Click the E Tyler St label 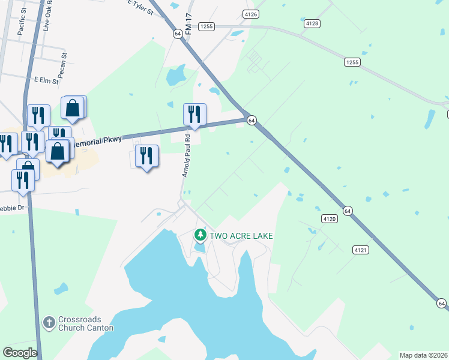[140, 7]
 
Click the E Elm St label [46, 80]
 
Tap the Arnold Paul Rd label [186, 155]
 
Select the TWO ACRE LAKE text [241, 236]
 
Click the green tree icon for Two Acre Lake [200, 235]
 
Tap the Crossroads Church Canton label [85, 324]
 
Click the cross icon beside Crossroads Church [50, 323]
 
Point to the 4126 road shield [251, 13]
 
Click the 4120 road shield [328, 219]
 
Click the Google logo [20, 353]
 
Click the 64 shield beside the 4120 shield [348, 211]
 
